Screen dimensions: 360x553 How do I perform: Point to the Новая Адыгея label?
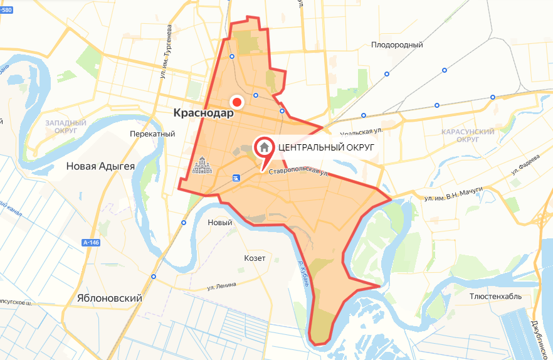click(x=101, y=166)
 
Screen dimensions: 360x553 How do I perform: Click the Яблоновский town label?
click(x=109, y=299)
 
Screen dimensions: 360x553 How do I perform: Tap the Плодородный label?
click(x=397, y=45)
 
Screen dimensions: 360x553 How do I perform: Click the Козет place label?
click(x=255, y=258)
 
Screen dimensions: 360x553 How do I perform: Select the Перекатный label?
click(x=152, y=134)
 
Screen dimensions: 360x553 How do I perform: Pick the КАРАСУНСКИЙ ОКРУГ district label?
click(x=468, y=135)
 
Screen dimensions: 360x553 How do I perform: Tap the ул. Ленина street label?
click(x=222, y=286)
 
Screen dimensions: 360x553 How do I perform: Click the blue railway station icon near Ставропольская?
click(x=236, y=178)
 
